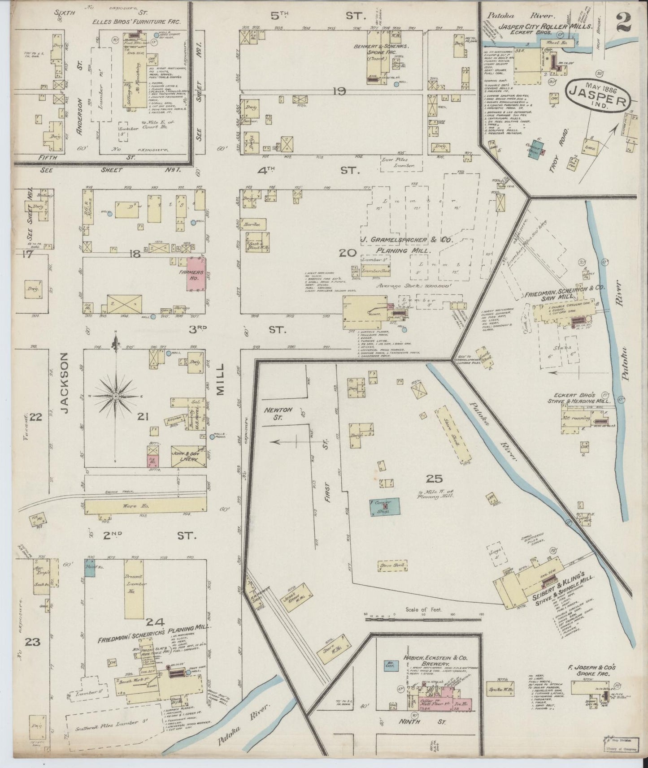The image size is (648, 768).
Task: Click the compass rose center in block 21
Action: coord(116,396)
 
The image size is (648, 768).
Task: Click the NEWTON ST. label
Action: coord(278,413)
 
